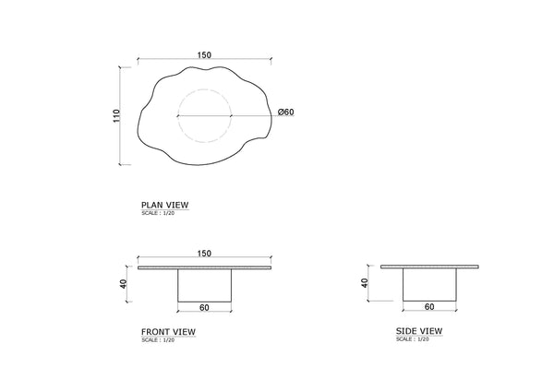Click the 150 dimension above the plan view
coord(204,55)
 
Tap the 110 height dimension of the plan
coord(116,116)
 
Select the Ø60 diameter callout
coord(286,112)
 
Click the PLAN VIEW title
coord(165,205)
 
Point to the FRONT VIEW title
coord(168,332)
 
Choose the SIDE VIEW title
coord(419,331)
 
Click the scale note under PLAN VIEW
coord(158,213)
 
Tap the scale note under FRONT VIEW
coord(158,340)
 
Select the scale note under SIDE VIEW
coord(413,339)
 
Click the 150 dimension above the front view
coord(204,254)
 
